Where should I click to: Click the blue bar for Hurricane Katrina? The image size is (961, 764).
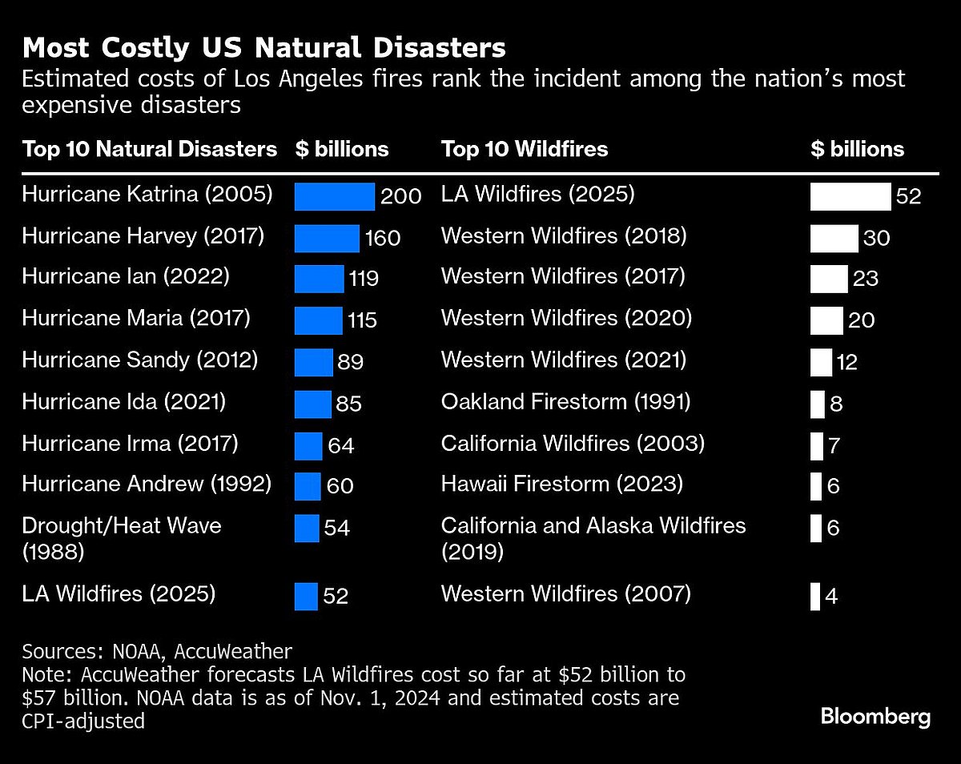pos(334,196)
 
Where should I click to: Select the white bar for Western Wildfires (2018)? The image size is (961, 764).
pos(834,238)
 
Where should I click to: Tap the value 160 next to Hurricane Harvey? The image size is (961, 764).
pos(383,238)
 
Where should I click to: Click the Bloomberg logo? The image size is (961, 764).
pos(875,716)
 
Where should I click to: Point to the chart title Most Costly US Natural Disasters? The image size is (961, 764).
pos(263,48)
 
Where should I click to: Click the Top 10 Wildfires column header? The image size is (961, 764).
pos(524,149)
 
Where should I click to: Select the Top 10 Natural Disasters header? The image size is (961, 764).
pos(149,149)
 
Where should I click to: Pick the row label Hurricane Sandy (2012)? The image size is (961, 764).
pos(139,360)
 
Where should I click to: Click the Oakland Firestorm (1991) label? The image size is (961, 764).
pos(565,401)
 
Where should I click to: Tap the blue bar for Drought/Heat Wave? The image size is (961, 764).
pos(307,528)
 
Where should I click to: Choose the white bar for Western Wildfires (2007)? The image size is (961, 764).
pos(815,597)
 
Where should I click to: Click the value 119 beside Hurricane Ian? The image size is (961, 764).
pos(363,279)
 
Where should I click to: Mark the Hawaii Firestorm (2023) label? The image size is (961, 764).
pos(561,484)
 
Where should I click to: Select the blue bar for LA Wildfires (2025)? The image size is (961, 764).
pos(306,597)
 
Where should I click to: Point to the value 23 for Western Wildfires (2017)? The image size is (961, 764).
pos(866,279)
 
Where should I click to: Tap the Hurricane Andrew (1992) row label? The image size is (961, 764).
pos(147,484)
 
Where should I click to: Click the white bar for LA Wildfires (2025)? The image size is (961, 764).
pos(850,196)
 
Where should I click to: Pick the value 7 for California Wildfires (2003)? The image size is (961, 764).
pos(834,445)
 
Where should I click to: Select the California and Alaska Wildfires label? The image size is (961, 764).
pos(593,525)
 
